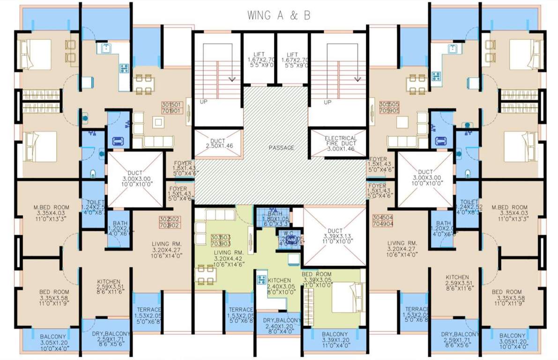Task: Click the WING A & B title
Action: click(279, 15)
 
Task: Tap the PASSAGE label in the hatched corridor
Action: click(281, 148)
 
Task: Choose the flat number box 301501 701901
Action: click(171, 108)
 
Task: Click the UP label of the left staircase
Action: click(204, 102)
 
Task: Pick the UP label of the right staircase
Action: click(327, 102)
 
